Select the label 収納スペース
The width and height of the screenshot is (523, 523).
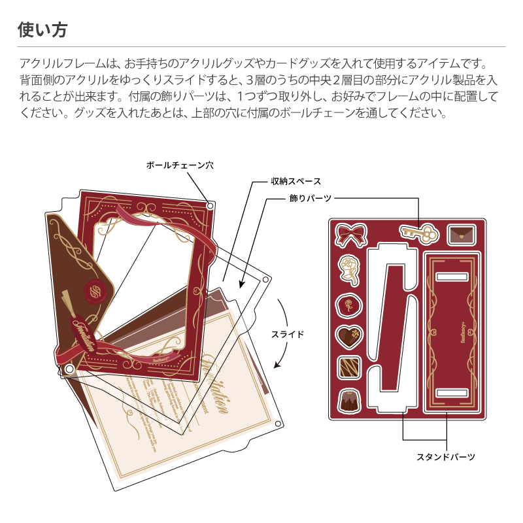[x=296, y=180]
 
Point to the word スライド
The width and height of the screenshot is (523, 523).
[x=288, y=334]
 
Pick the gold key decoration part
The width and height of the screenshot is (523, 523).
[x=417, y=233]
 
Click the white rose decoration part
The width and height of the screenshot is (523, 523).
[x=348, y=269]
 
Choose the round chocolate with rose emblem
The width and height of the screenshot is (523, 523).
[x=348, y=304]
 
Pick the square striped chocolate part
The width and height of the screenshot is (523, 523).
[x=348, y=368]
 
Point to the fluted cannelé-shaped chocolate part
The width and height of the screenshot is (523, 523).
[x=348, y=400]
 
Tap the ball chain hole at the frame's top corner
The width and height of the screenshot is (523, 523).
[x=210, y=207]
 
